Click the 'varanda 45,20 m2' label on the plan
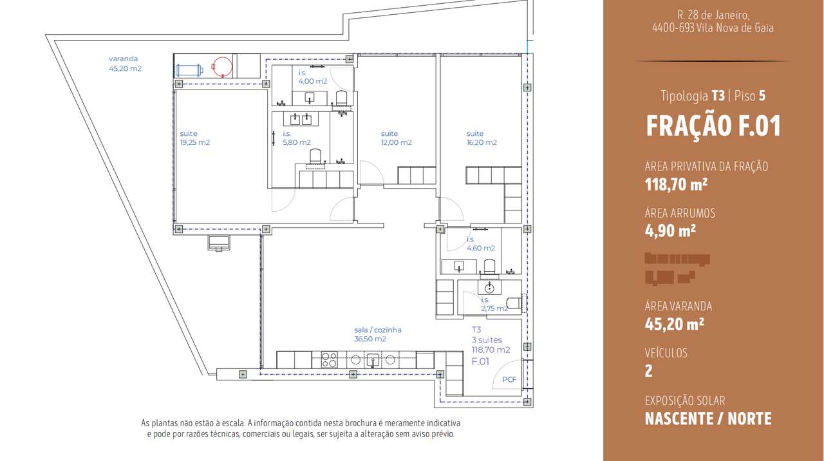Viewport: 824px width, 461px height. pyautogui.click(x=125, y=64)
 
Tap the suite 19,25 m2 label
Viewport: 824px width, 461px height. pyautogui.click(x=194, y=138)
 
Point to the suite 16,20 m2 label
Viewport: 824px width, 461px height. pyautogui.click(x=482, y=138)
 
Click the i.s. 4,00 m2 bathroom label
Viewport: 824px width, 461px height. pyautogui.click(x=312, y=77)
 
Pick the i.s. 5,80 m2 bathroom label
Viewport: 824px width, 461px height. pyautogui.click(x=297, y=138)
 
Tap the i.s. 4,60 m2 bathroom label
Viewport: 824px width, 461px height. pyautogui.click(x=480, y=244)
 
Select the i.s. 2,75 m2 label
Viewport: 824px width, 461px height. pyautogui.click(x=494, y=305)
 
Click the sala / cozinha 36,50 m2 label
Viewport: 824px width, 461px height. pyautogui.click(x=378, y=334)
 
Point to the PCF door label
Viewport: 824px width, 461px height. pyautogui.click(x=509, y=379)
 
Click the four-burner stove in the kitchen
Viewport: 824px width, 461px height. pyautogui.click(x=328, y=360)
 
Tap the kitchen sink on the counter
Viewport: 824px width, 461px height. pyautogui.click(x=372, y=360)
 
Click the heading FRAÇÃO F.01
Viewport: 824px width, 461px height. pyautogui.click(x=713, y=126)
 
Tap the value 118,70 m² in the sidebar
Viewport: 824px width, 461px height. pyautogui.click(x=676, y=185)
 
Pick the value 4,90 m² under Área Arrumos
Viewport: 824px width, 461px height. pyautogui.click(x=670, y=230)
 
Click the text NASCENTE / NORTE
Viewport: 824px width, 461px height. pyautogui.click(x=708, y=419)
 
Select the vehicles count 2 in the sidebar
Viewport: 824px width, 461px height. pyautogui.click(x=649, y=371)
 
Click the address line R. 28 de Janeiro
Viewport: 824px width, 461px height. pyautogui.click(x=713, y=15)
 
